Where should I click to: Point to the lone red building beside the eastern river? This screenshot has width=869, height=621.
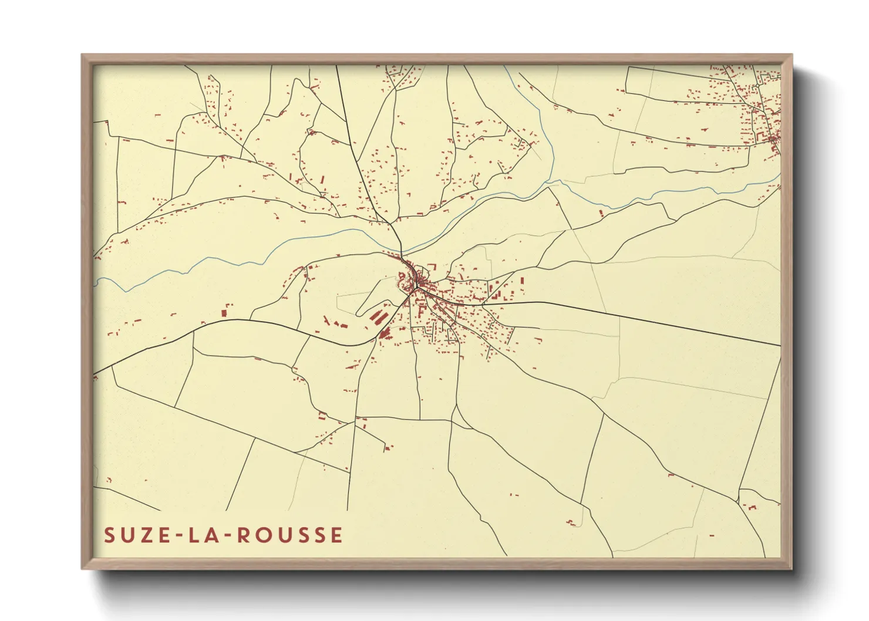(x=601, y=213)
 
